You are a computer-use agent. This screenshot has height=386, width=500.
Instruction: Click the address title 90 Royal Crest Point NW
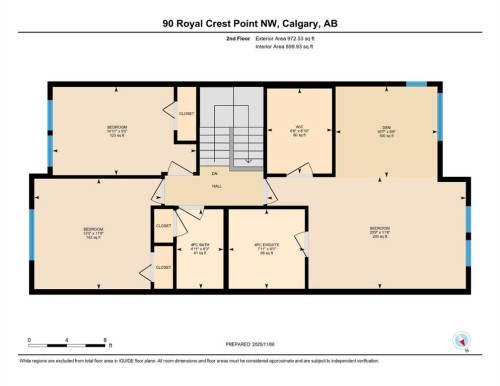(x=249, y=20)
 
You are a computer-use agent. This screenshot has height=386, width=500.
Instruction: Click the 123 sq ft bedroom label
(x=116, y=129)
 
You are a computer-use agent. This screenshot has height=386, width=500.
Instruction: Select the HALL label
(x=215, y=187)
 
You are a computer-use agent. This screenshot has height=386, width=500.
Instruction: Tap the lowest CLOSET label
(x=163, y=267)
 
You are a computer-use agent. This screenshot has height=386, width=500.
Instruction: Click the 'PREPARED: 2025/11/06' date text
(x=249, y=345)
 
